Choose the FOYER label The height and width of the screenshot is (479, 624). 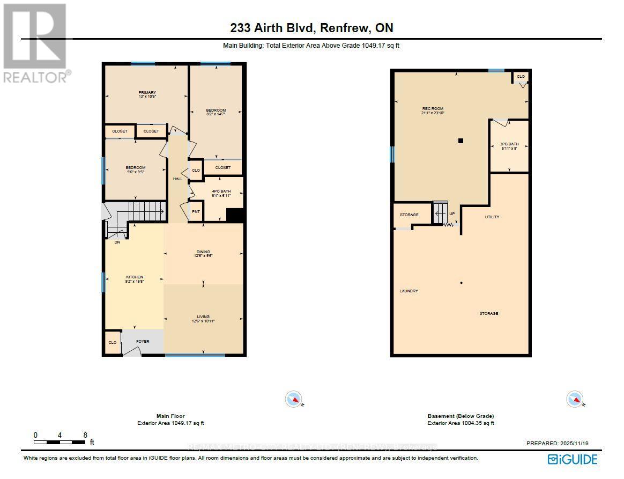pyautogui.click(x=142, y=341)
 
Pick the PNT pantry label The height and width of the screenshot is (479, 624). pyautogui.click(x=196, y=211)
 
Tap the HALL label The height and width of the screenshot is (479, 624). pyautogui.click(x=177, y=179)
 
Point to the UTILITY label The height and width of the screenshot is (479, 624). pyautogui.click(x=492, y=217)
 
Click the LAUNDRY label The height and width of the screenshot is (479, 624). pyautogui.click(x=408, y=291)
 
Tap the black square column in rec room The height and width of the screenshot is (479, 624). pyautogui.click(x=460, y=141)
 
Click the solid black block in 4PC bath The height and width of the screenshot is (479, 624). pyautogui.click(x=234, y=215)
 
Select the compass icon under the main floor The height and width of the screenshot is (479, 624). pyautogui.click(x=293, y=399)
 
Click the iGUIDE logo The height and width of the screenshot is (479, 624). pyautogui.click(x=572, y=459)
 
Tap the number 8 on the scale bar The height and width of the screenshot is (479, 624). pyautogui.click(x=85, y=434)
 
